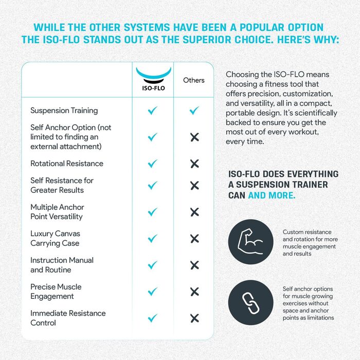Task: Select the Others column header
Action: click(194, 80)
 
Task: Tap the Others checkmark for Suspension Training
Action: click(194, 111)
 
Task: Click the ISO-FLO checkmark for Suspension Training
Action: click(153, 111)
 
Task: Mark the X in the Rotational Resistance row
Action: click(194, 164)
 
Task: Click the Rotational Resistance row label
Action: click(67, 164)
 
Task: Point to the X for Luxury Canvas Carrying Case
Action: click(194, 239)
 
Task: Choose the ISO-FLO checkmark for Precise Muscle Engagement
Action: click(153, 292)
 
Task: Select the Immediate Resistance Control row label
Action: click(68, 318)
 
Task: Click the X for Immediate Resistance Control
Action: click(194, 318)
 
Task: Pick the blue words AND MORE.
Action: click(272, 195)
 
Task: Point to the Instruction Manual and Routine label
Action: click(62, 265)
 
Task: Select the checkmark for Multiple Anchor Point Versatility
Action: click(153, 212)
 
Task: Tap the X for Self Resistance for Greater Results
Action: click(194, 185)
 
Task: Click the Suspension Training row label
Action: click(64, 111)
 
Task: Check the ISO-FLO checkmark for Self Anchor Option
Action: click(153, 137)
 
